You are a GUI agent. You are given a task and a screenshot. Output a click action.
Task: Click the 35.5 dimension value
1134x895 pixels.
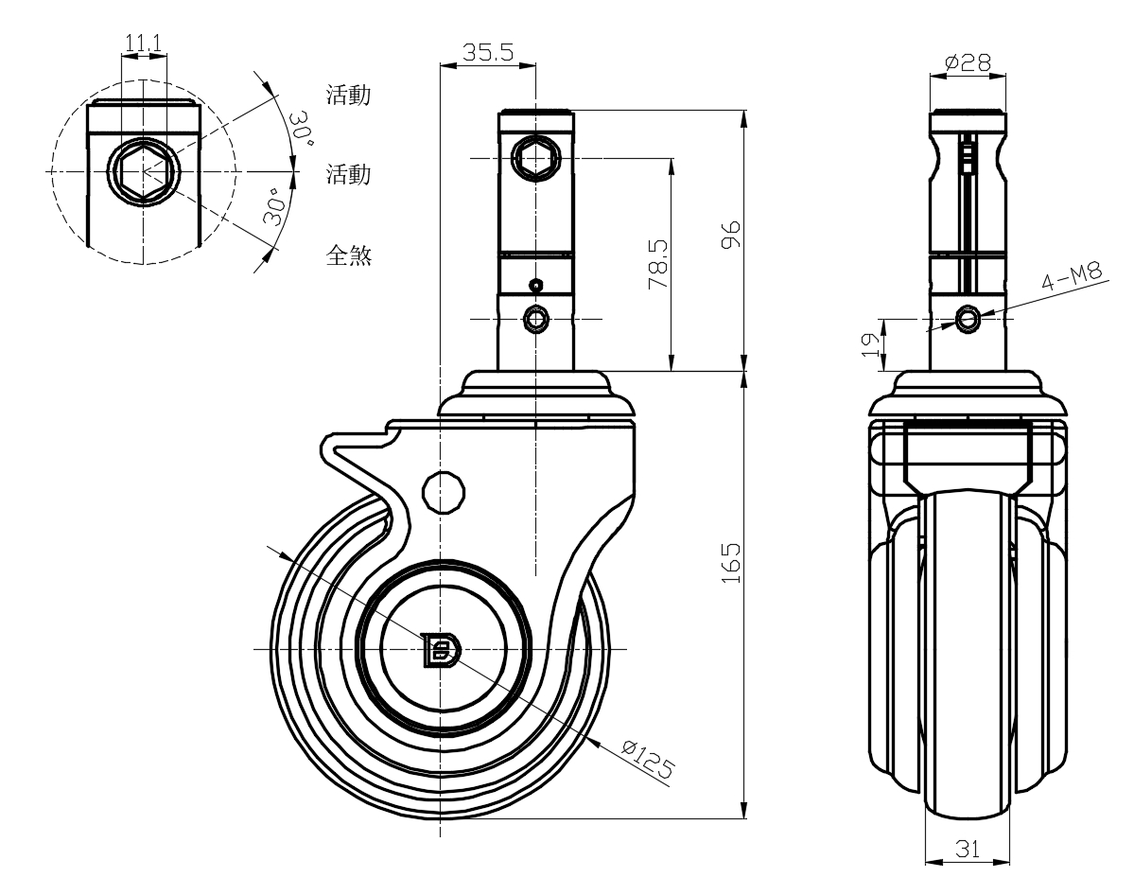coord(488,53)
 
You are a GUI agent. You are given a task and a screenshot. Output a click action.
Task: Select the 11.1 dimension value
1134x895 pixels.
coord(143,44)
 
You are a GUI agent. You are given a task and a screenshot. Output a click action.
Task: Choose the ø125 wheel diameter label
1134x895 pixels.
coord(649,760)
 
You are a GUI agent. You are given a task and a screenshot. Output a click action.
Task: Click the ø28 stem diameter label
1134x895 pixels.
coord(968,62)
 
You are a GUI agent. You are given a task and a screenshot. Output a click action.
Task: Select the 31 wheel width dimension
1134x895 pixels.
coord(967,849)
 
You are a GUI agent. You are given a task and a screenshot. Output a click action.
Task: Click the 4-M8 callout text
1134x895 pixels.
coord(1073,279)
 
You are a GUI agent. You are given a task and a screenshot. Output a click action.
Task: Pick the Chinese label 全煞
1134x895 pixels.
coord(348,255)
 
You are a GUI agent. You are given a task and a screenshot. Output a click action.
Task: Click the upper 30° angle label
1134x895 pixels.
coord(302,126)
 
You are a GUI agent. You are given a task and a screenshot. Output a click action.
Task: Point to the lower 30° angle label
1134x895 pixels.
coord(275,206)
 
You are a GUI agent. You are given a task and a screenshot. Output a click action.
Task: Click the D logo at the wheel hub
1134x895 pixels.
coord(441,649)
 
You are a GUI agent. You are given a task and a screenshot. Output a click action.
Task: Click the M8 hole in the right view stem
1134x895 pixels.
coord(967,320)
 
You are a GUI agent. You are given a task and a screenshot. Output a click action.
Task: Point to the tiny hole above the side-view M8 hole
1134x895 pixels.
coord(536,285)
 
